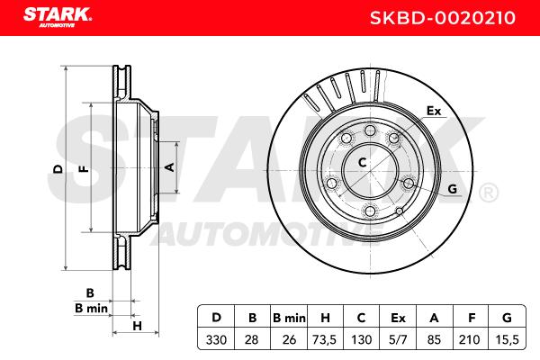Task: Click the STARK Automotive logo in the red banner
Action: click(58, 17)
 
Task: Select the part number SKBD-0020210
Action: click(443, 18)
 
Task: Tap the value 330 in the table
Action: click(216, 340)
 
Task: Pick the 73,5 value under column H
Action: click(324, 340)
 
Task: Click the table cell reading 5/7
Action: click(398, 340)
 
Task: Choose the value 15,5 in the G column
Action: click(507, 340)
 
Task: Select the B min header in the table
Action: click(289, 318)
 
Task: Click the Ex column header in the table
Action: click(398, 318)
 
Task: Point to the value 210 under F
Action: click(469, 340)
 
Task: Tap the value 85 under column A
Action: click(434, 340)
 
